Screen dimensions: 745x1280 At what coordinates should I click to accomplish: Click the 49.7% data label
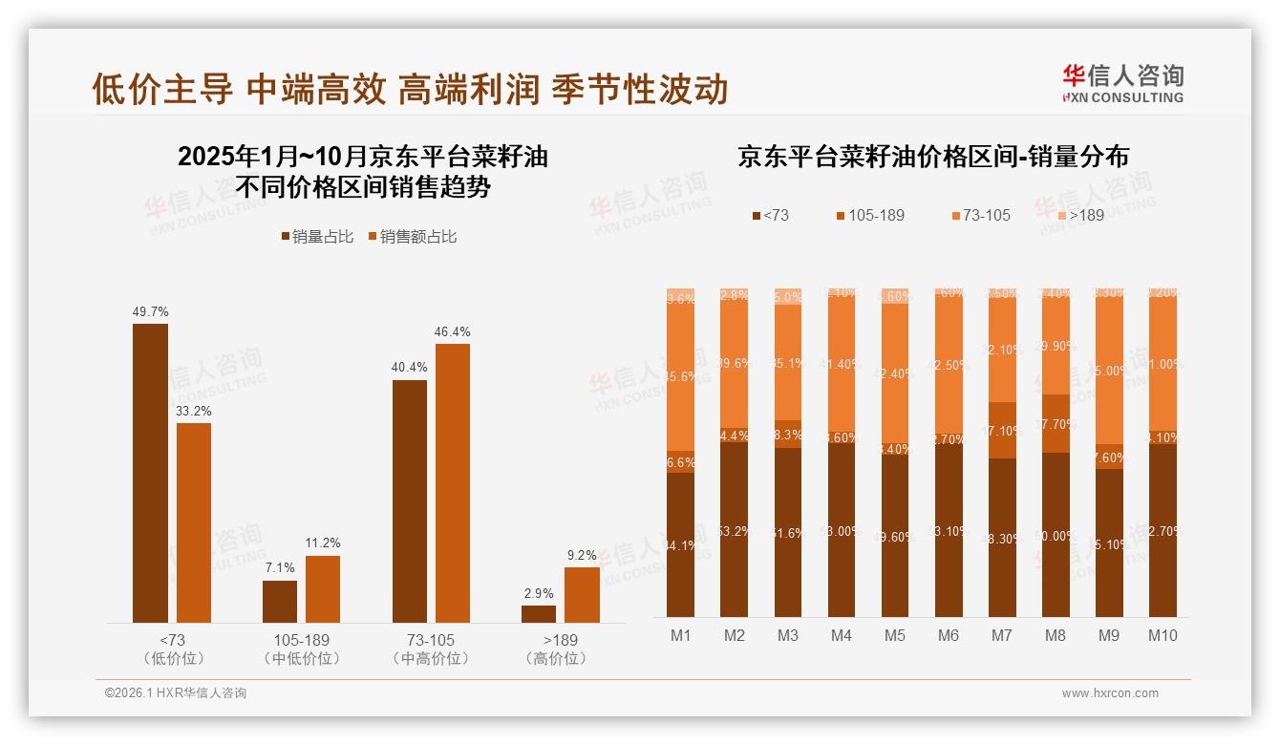[150, 311]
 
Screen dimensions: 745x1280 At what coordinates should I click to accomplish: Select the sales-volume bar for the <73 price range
[150, 473]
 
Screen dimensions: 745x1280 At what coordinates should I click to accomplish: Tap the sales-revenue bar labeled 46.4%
[453, 482]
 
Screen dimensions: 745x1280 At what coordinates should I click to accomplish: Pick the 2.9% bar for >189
[539, 613]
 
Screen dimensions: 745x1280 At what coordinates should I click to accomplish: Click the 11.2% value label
[323, 543]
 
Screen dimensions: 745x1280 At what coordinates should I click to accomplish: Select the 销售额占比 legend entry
[412, 237]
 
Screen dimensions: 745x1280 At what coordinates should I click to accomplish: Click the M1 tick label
[680, 635]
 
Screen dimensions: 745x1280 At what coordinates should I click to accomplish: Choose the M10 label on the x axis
[1162, 635]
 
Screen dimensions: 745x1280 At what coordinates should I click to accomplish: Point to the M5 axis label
[894, 635]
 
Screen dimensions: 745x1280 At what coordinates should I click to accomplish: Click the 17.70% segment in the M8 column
[1055, 423]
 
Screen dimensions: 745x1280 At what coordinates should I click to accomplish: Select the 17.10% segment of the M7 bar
[1001, 430]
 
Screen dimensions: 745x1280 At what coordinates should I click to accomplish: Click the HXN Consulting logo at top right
[1122, 83]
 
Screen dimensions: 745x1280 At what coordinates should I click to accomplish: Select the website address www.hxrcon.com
[1109, 693]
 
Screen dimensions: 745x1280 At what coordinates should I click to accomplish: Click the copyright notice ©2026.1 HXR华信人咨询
[176, 693]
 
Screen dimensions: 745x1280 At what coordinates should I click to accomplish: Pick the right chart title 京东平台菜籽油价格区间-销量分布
[932, 158]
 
